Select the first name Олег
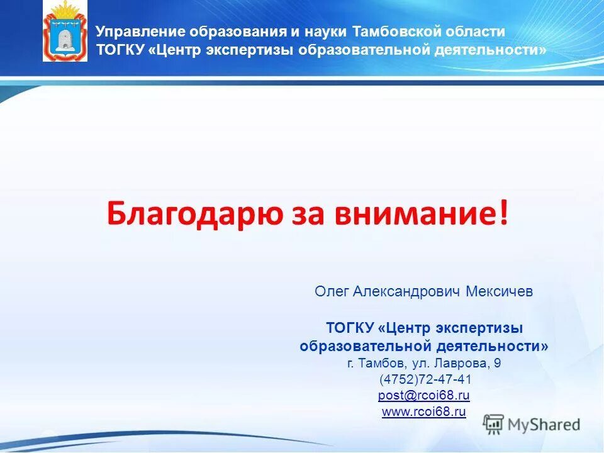[x=332, y=292]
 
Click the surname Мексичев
[x=500, y=292]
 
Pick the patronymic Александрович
[x=407, y=292]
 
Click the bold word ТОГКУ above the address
[x=350, y=328]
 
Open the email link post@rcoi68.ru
[x=424, y=396]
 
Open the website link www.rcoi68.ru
[x=424, y=412]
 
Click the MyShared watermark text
[x=544, y=425]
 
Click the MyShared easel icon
[x=494, y=424]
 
